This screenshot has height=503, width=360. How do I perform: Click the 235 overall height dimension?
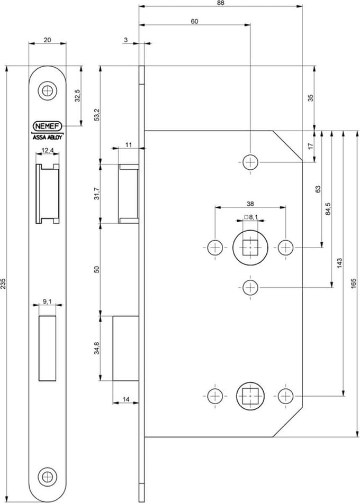click(x=3, y=283)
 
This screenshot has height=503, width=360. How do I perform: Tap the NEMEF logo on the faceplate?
click(x=48, y=126)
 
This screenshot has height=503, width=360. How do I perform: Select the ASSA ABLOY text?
click(x=48, y=138)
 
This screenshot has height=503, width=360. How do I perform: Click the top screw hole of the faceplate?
click(x=48, y=91)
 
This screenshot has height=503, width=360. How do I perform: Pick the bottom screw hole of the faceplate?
click(x=48, y=477)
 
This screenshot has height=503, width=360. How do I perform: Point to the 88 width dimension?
click(x=220, y=3)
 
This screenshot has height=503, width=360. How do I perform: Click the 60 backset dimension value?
click(x=195, y=22)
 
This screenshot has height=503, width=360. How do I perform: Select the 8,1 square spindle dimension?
click(x=251, y=217)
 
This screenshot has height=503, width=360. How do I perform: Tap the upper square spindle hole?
click(x=250, y=248)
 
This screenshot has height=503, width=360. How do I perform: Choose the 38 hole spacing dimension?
click(x=250, y=204)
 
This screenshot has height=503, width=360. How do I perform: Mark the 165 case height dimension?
click(x=354, y=283)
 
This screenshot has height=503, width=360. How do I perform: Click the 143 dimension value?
click(x=340, y=263)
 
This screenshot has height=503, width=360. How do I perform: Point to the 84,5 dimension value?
click(x=328, y=209)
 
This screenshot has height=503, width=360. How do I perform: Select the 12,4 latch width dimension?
click(x=48, y=150)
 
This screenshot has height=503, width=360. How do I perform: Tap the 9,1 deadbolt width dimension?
click(x=47, y=301)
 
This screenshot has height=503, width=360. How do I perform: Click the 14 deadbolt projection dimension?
click(x=126, y=399)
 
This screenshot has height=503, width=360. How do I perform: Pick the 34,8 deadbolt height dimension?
click(x=97, y=349)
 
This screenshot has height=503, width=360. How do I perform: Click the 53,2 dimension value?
click(x=97, y=115)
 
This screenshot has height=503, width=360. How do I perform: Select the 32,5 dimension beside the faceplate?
click(x=77, y=96)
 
